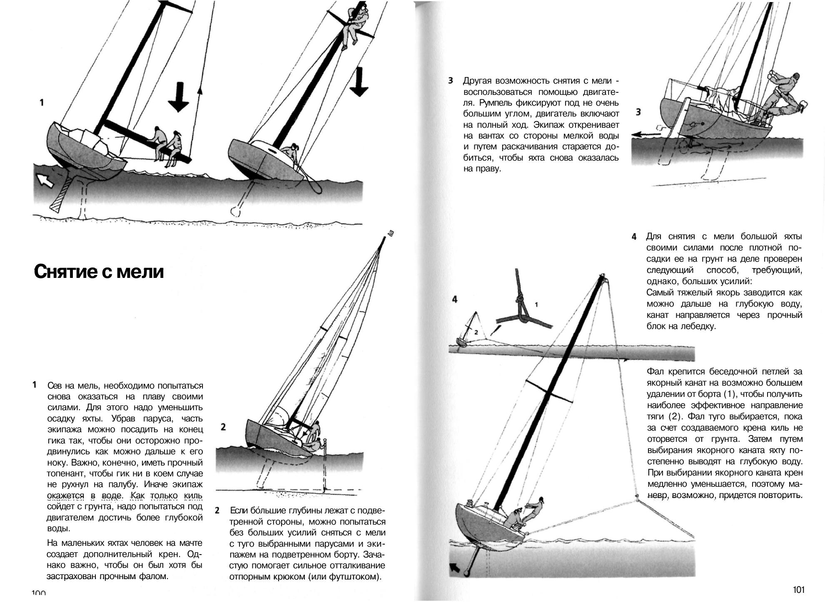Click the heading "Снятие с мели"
[x=99, y=272]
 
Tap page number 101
[x=798, y=590]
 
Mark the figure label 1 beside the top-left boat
[x=42, y=102]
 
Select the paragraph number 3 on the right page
[x=451, y=81]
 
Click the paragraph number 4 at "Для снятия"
[x=634, y=237]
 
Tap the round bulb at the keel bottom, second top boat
[x=236, y=211]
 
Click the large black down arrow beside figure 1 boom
[x=179, y=97]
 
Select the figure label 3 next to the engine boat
[x=638, y=112]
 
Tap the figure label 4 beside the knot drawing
[x=454, y=299]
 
